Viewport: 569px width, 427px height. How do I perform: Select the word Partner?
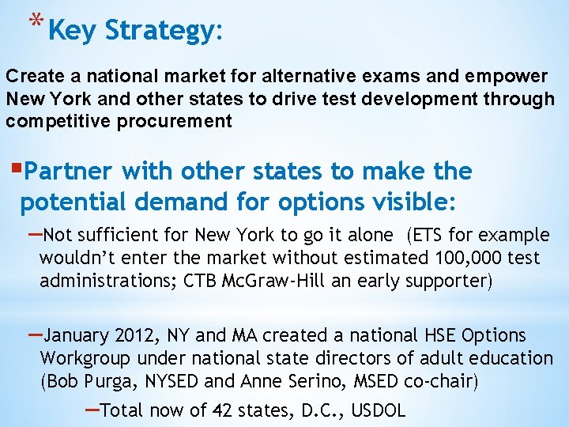pos(72,172)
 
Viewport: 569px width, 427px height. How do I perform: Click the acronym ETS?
pos(428,235)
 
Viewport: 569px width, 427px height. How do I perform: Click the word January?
pos(76,336)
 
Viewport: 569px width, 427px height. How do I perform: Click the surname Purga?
pos(107,382)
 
